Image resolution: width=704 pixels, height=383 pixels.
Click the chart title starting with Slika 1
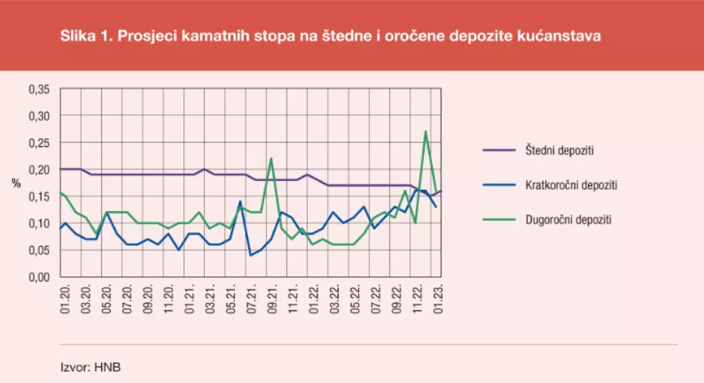[331, 36]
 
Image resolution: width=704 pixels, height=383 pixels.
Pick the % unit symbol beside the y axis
[16, 183]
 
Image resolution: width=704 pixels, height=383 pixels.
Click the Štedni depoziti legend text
[555, 150]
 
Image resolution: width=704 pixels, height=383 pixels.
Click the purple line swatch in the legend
[498, 150]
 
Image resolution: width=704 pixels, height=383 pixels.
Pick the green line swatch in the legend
[498, 220]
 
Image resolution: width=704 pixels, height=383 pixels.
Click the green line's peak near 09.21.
[272, 159]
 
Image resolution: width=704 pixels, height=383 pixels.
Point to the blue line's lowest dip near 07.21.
[250, 255]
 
